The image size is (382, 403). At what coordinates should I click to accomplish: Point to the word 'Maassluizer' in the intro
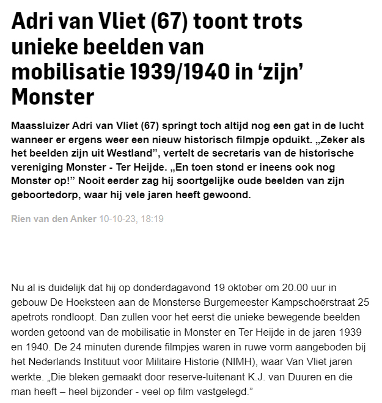click(42, 125)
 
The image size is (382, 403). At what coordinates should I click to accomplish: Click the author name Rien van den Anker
click(54, 218)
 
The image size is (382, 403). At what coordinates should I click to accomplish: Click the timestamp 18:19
click(152, 218)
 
